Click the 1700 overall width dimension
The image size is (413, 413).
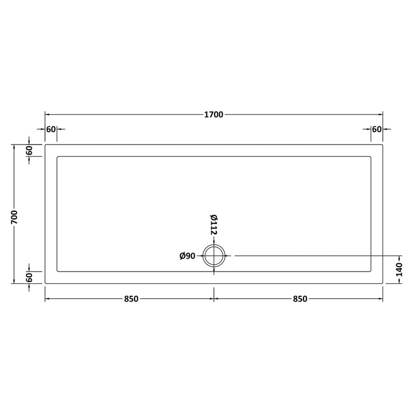click(x=214, y=115)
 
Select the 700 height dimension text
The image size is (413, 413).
click(x=14, y=217)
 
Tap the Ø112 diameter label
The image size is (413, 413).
click(x=214, y=225)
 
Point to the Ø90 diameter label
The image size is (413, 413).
click(x=187, y=256)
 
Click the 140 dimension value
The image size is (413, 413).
click(x=399, y=269)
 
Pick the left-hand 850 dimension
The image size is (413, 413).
click(x=131, y=299)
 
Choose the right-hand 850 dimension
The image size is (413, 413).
click(x=300, y=299)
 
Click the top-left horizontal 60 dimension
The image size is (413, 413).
click(x=51, y=130)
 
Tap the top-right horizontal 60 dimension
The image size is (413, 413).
click(x=377, y=130)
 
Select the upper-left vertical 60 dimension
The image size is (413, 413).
click(x=29, y=150)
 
